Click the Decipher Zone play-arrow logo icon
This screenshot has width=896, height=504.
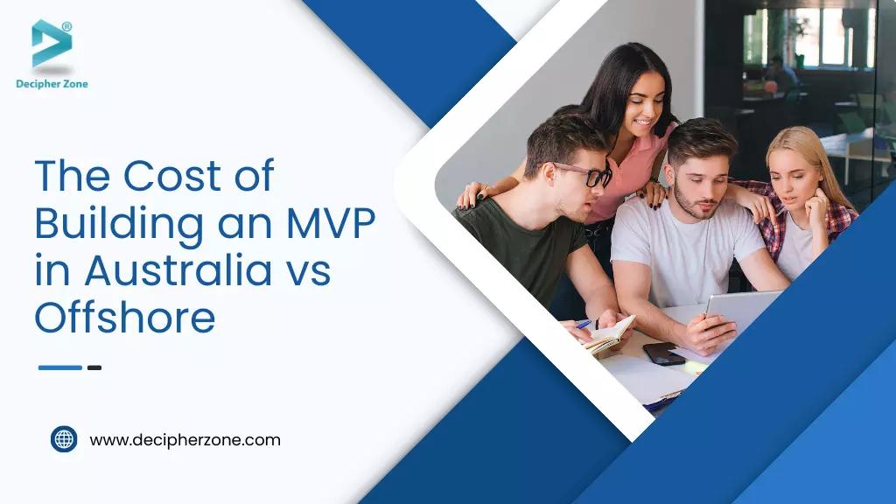(51, 44)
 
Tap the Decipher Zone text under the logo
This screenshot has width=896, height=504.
(52, 84)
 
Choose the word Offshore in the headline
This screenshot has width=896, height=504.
(124, 318)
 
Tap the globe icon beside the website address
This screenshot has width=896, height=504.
(64, 439)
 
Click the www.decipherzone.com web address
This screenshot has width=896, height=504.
(185, 440)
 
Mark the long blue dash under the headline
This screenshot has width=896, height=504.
(59, 367)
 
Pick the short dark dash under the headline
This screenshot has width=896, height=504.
(94, 367)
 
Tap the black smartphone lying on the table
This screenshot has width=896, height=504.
(663, 353)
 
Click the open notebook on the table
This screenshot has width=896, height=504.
(608, 334)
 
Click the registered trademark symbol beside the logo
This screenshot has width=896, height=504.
(67, 27)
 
